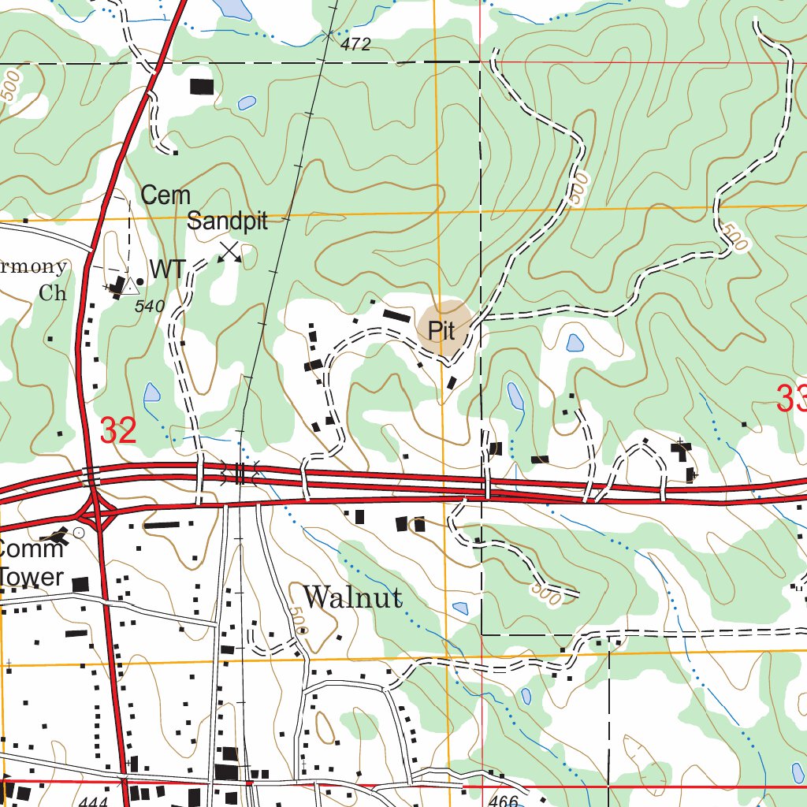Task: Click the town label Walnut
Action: point(352,597)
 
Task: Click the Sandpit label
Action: point(228,221)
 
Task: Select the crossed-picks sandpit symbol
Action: point(229,252)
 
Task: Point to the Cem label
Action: point(165,195)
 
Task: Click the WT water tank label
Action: point(168,270)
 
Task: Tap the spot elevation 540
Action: point(150,306)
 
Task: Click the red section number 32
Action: point(119,431)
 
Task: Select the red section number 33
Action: point(790,399)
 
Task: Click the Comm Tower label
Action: point(32,563)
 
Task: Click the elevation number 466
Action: point(504,801)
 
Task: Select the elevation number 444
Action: point(94,801)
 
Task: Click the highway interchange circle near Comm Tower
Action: point(94,512)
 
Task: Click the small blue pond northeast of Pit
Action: point(575,343)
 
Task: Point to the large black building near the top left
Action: point(202,86)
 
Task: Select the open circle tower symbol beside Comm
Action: point(78,534)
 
